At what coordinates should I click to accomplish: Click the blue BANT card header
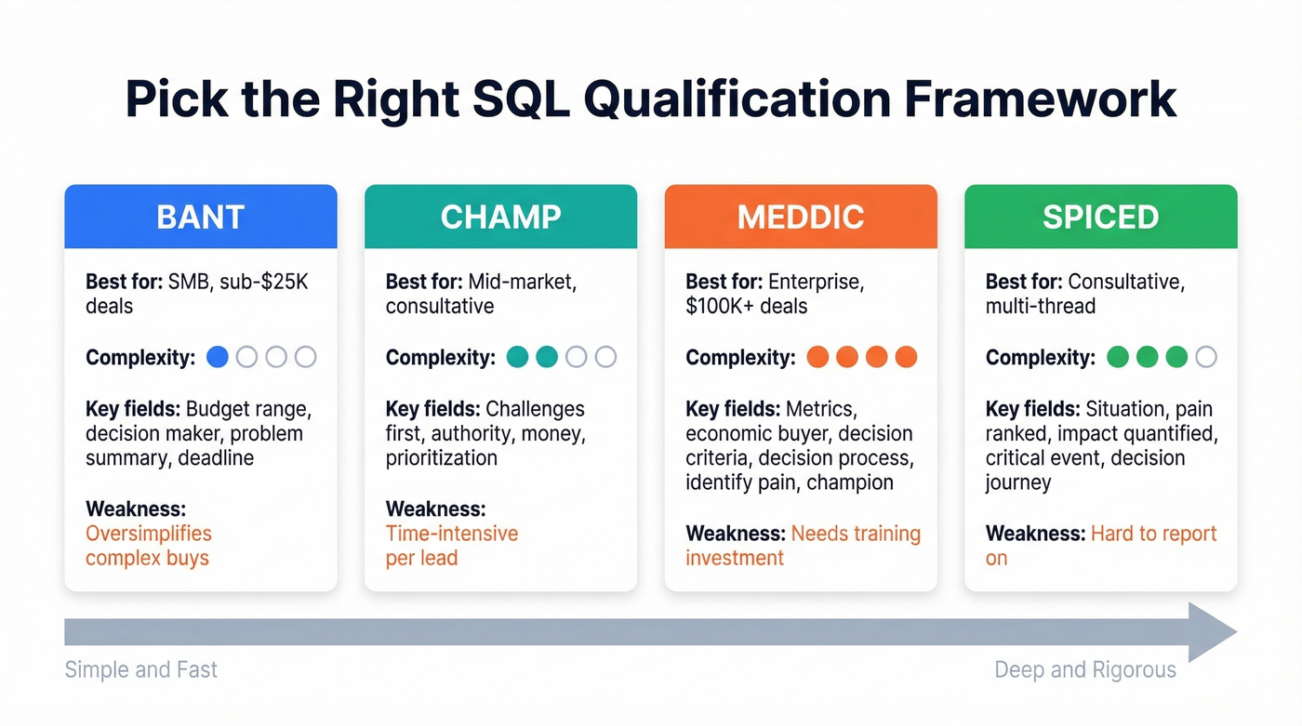coord(201,217)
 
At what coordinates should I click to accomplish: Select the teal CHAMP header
coord(500,217)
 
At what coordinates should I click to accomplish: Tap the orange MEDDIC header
coord(801,217)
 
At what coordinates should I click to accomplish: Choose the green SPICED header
coord(1101,217)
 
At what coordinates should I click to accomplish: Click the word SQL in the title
coord(521,99)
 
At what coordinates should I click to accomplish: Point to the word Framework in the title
coord(1041,99)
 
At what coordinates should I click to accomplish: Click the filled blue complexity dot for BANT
coord(218,357)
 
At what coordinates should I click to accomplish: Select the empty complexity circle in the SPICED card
coord(1206,357)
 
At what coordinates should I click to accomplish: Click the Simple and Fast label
coord(140,669)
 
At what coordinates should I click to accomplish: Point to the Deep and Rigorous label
coord(1085,670)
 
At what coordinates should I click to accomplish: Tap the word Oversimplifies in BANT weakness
coord(148,534)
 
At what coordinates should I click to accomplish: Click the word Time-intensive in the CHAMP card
coord(452,534)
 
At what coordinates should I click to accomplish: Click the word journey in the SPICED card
coord(1018,483)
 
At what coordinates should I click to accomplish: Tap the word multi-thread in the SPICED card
coord(1041,306)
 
